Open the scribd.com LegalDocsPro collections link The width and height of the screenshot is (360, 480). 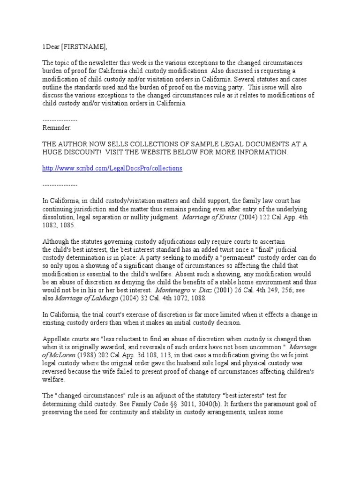pos(112,168)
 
